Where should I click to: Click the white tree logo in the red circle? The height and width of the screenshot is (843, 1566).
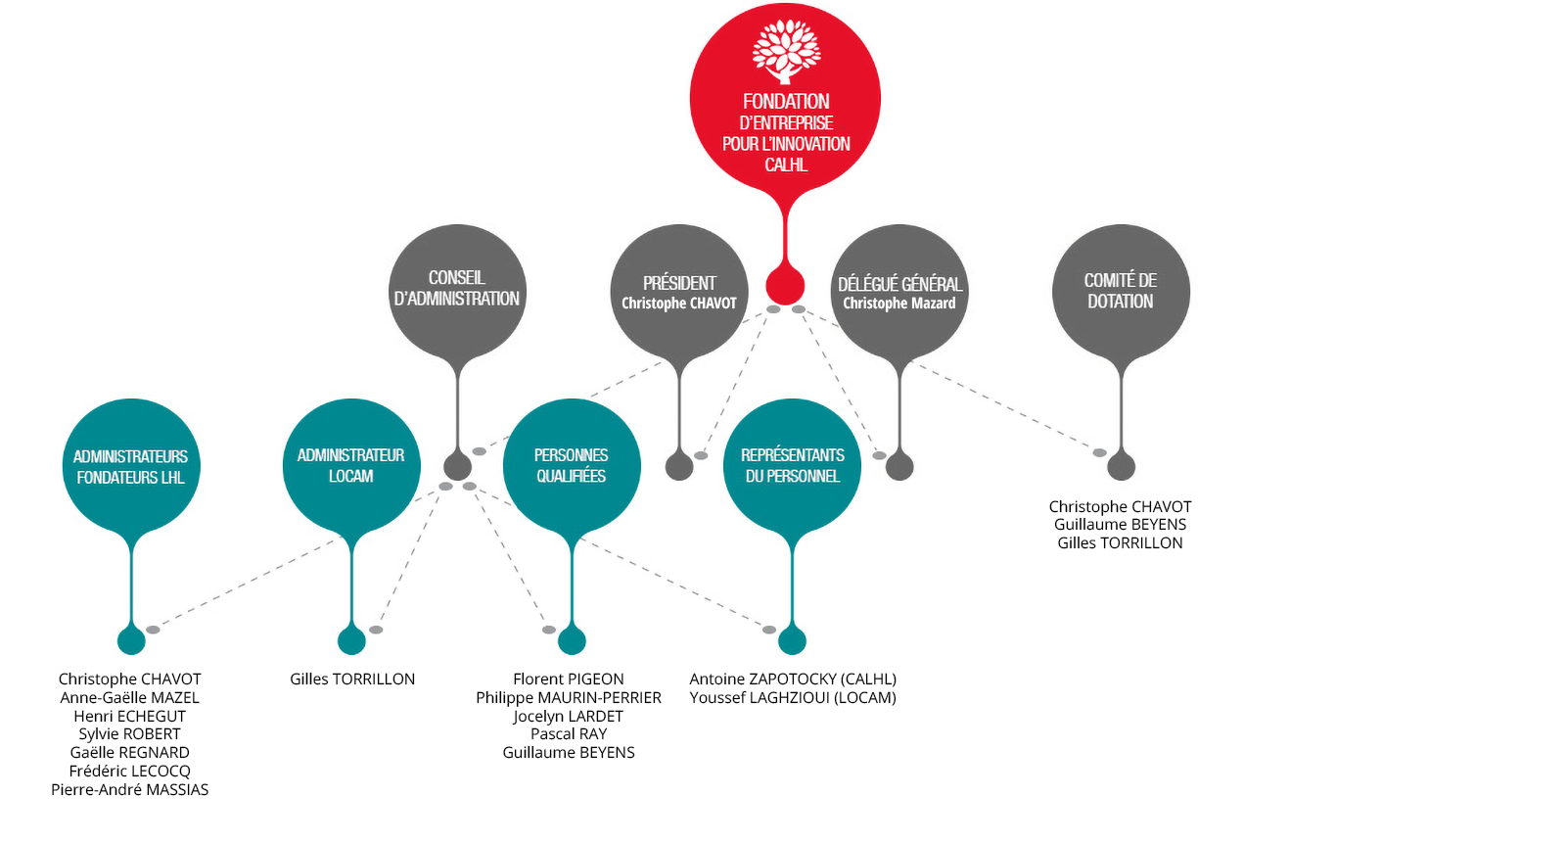coord(786,50)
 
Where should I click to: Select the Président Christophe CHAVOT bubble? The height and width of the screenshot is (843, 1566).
coord(679,292)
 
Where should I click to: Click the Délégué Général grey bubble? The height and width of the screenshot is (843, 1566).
coord(899,292)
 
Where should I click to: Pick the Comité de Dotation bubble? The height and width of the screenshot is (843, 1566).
coord(1121,292)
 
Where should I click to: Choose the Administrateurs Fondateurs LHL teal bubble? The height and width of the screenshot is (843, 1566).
coord(131,466)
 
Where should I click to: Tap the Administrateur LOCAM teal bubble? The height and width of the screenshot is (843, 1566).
coord(351,466)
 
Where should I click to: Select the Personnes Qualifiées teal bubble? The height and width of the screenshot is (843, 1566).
coord(572,466)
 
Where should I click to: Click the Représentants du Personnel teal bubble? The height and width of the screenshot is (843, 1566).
coord(792,466)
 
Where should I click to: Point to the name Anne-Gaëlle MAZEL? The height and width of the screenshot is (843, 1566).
coord(130,698)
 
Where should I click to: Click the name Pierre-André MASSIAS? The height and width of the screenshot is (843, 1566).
coord(130,790)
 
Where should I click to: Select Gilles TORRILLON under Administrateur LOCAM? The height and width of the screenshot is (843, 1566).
coord(352,679)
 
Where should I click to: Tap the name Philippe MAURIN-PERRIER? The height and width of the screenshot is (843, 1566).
coord(569,698)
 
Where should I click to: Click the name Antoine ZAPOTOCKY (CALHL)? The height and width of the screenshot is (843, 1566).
coord(793,679)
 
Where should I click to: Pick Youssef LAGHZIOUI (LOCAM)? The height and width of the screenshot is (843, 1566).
coord(793,698)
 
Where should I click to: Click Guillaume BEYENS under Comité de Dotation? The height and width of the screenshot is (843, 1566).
coord(1121,525)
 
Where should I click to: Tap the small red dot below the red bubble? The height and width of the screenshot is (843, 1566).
coord(785,286)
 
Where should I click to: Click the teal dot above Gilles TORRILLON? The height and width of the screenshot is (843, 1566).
coord(351,641)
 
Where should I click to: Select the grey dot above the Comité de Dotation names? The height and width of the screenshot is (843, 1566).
coord(1121,467)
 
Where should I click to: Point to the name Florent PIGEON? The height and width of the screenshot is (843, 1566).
coord(569,679)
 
